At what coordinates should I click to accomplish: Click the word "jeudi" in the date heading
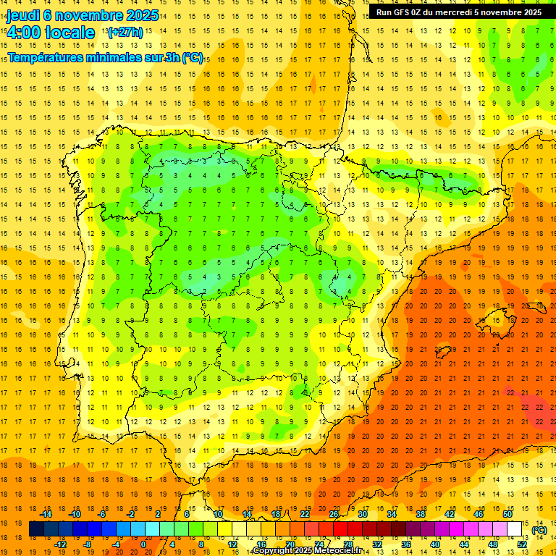tap(23, 15)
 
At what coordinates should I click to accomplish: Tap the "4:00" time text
tap(23, 33)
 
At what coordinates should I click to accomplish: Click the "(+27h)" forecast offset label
tap(125, 33)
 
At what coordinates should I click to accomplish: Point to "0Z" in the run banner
tap(422, 12)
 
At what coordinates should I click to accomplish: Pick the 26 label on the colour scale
tap(334, 514)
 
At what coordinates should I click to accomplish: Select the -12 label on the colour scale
tap(60, 544)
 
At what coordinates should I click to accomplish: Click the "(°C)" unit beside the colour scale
tap(539, 529)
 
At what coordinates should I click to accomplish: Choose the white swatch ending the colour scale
tap(514, 529)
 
